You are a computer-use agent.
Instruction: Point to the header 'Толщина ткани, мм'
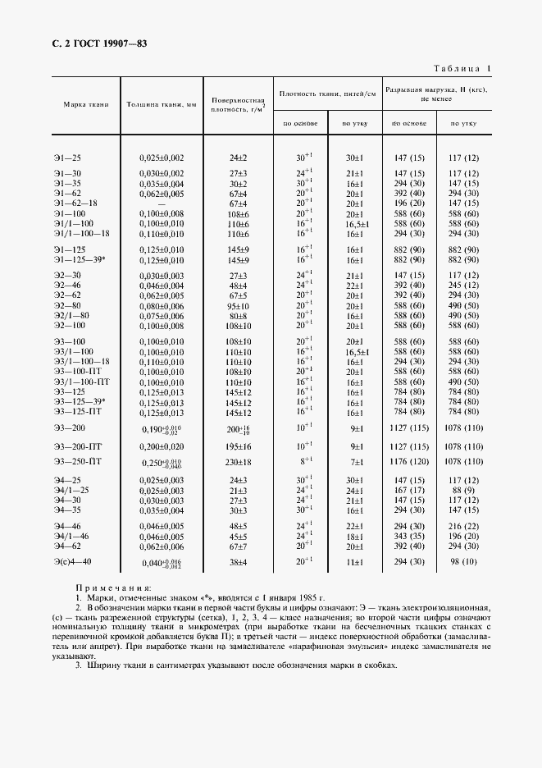coord(162,104)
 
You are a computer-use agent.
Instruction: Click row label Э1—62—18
coord(75,203)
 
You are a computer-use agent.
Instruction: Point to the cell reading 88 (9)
coord(462,490)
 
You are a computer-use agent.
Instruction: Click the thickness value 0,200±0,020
coord(162,446)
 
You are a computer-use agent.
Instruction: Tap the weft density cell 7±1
coord(354,463)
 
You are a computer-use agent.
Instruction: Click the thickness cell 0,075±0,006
coord(162,314)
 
